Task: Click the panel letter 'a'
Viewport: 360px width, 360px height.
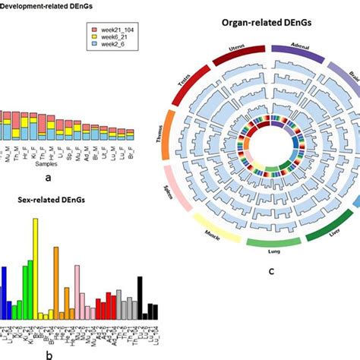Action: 49,176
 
